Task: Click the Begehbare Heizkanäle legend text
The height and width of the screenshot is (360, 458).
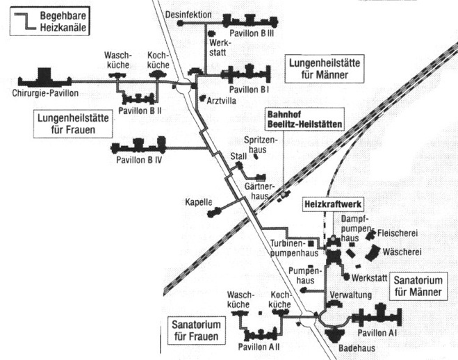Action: point(63,22)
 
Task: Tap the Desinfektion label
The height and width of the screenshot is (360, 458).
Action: point(188,15)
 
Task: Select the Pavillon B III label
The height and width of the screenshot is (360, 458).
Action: point(252,33)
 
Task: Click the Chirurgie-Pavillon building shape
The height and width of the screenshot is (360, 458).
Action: point(44,78)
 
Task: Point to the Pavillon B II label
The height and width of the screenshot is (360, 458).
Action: point(140,111)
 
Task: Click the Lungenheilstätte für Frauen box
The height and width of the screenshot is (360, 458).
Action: point(73,124)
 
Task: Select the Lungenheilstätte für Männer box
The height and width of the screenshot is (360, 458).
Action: point(325,69)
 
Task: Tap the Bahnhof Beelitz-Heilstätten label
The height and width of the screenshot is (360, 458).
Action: point(304,119)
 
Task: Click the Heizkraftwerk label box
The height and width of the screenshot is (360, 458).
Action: point(333,204)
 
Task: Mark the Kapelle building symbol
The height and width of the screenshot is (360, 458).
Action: point(213,212)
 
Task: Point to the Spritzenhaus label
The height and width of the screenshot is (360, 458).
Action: point(259,145)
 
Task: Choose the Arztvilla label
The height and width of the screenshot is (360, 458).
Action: point(222,101)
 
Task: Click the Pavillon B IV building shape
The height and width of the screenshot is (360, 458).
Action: point(138,145)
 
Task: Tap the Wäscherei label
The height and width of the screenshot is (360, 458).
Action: point(402,252)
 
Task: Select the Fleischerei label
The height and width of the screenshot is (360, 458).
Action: point(398,233)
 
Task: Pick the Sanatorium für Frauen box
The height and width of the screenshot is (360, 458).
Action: point(196,331)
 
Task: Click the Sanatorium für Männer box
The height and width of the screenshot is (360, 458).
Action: point(418,286)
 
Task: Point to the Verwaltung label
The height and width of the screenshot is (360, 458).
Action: point(351,295)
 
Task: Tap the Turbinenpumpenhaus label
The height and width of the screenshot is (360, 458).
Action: point(294,248)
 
